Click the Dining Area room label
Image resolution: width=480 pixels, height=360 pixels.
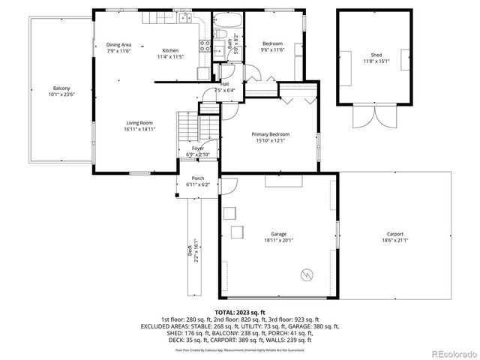pyautogui.click(x=119, y=45)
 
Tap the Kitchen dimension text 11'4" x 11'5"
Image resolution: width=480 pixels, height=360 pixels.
pyautogui.click(x=170, y=57)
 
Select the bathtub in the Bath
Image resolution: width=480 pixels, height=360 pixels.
pyautogui.click(x=224, y=20)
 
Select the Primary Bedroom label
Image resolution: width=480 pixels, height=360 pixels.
pyautogui.click(x=270, y=134)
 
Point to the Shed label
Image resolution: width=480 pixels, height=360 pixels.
pyautogui.click(x=376, y=55)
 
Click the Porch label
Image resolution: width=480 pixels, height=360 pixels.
pyautogui.click(x=197, y=178)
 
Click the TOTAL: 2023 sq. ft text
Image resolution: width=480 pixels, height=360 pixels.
pyautogui.click(x=240, y=312)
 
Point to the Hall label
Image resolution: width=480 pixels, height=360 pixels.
pyautogui.click(x=223, y=84)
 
